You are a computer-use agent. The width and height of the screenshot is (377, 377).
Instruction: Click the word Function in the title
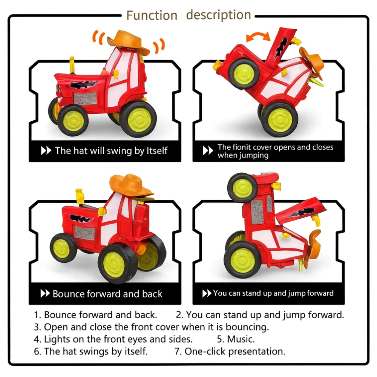click(x=152, y=15)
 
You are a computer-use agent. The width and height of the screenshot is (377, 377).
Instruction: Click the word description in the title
click(x=218, y=15)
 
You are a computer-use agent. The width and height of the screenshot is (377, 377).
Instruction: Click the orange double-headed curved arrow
click(x=258, y=37)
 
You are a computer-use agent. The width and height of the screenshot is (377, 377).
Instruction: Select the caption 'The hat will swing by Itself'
click(x=111, y=151)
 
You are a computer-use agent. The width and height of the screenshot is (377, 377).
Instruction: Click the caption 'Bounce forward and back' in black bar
click(x=107, y=294)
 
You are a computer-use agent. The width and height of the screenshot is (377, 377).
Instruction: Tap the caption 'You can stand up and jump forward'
click(x=273, y=293)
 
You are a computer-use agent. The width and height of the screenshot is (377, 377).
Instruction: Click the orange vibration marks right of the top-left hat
click(x=159, y=46)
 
